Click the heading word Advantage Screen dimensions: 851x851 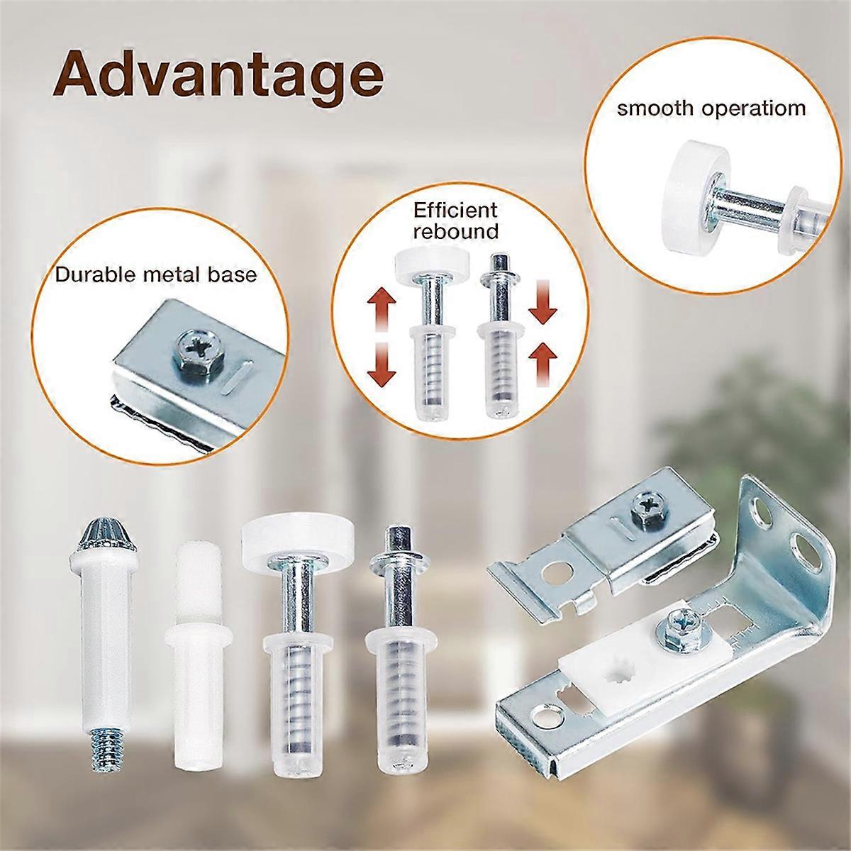point(217,74)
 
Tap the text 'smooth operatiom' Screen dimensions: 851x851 point(711,109)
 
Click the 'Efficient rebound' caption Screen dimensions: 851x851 point(456,220)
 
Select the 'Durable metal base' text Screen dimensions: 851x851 point(156,274)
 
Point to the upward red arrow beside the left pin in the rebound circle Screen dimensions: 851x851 point(382,308)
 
